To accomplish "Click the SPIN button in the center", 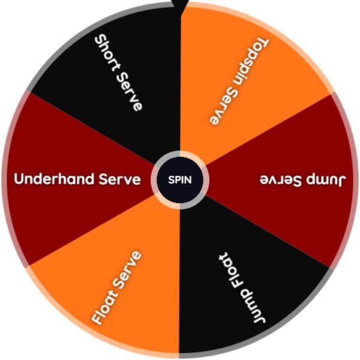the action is pyautogui.click(x=180, y=180).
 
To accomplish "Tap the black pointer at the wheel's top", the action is pyautogui.click(x=180, y=7).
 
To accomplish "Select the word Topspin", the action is pyautogui.click(x=251, y=61).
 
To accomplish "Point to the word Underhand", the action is pyautogui.click(x=54, y=179).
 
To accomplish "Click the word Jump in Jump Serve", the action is pyautogui.click(x=325, y=181).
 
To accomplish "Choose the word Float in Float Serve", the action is pyautogui.click(x=104, y=306).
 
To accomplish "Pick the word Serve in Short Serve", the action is pyautogui.click(x=129, y=91).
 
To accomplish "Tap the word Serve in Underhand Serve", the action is pyautogui.click(x=119, y=179).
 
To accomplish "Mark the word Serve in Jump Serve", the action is pyautogui.click(x=281, y=181).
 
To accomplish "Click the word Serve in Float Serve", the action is pyautogui.click(x=128, y=269).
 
